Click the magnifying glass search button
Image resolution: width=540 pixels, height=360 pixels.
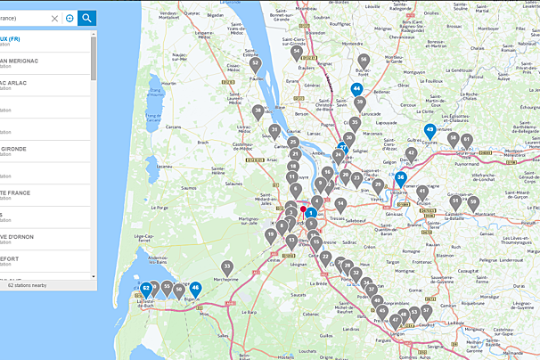(x=86, y=18)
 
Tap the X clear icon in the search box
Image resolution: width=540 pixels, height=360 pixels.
(x=55, y=18)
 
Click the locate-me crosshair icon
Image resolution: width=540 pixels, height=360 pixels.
(x=70, y=18)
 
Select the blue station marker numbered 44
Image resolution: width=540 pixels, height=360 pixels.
(x=356, y=89)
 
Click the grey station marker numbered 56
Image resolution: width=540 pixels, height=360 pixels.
(x=363, y=62)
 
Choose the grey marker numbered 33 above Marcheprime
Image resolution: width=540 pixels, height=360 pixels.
(x=227, y=266)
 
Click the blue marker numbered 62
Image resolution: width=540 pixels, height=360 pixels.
(x=145, y=288)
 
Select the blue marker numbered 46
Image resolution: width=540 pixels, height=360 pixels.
(x=195, y=288)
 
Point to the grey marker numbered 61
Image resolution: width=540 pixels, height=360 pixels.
(x=466, y=140)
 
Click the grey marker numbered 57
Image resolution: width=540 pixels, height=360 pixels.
(x=426, y=311)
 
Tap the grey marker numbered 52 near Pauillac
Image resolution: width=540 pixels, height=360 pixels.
(x=255, y=64)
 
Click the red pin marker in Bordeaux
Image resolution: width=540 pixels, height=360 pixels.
(x=303, y=209)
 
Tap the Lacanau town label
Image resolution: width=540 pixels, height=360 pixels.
(x=164, y=166)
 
